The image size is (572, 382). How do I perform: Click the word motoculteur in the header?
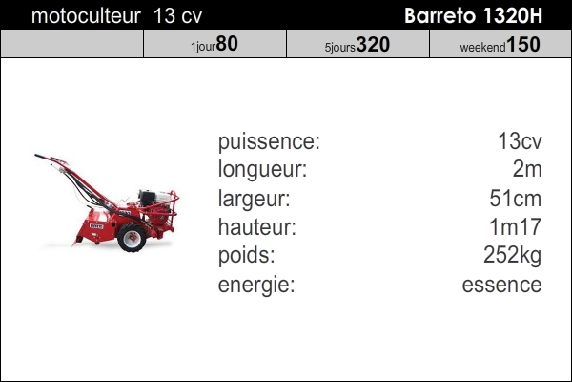[x=86, y=16]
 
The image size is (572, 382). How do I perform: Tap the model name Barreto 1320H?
[x=473, y=15]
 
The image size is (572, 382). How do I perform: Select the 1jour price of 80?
[x=227, y=44]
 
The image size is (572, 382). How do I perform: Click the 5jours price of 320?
[x=373, y=44]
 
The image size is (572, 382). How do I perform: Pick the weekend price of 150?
[x=523, y=44]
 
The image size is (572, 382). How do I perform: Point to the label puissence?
[x=269, y=141]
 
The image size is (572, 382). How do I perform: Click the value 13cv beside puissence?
[x=520, y=140]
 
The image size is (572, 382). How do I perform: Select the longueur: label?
[x=263, y=169]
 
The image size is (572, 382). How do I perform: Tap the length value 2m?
[x=527, y=169]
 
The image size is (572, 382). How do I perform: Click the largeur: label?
[x=255, y=199]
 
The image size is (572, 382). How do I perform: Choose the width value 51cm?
[x=515, y=199]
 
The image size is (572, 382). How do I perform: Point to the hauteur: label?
[x=257, y=226]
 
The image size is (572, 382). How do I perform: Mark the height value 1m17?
[x=515, y=226]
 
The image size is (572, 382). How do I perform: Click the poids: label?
[x=246, y=255]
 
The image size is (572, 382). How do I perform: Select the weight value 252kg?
[x=512, y=255]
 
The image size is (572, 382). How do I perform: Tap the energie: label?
[x=256, y=285]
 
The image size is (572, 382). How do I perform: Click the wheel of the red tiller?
[x=132, y=237]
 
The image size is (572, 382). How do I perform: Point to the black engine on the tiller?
[x=148, y=198]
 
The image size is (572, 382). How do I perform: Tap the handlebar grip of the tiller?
[x=41, y=157]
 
